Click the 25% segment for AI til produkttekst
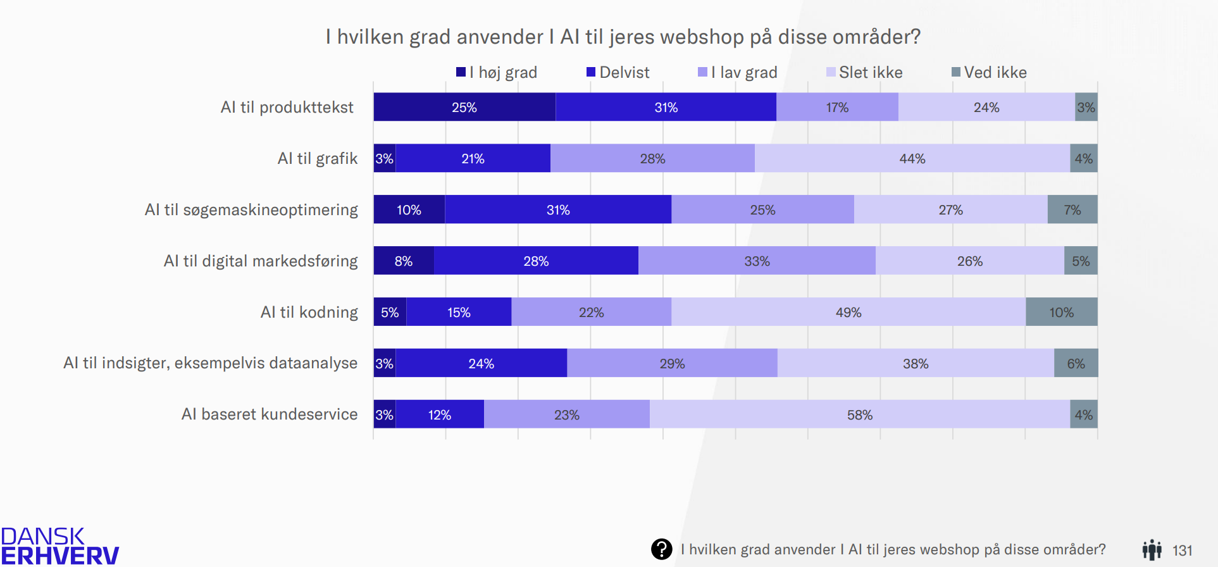[464, 107]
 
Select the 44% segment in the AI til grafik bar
[912, 158]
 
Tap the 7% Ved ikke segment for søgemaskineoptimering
[1072, 209]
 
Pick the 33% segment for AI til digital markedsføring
[757, 261]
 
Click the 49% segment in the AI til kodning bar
[848, 312]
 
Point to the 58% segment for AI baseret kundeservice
[859, 414]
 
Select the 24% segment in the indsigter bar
[481, 363]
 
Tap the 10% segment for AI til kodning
[1061, 312]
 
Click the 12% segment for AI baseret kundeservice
[439, 414]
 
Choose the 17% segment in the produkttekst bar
[836, 107]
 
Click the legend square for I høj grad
[461, 72]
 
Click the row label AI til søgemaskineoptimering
[251, 209]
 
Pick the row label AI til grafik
[317, 158]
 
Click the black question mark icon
[661, 549]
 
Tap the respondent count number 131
[1182, 551]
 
